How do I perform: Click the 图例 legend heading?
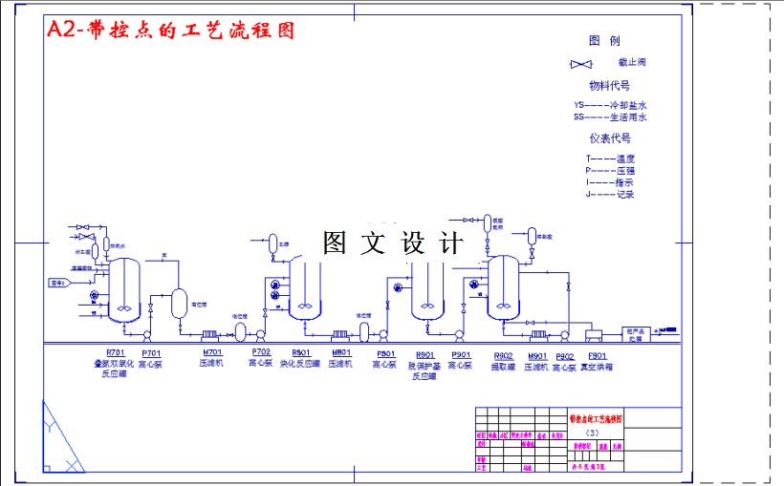[x=604, y=41]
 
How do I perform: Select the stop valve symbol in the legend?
[x=580, y=64]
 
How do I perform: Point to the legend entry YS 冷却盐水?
[x=610, y=105]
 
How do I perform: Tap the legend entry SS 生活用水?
[x=610, y=117]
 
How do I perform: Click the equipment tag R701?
[x=115, y=353]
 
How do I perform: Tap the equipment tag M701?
[x=211, y=353]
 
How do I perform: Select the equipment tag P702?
[x=261, y=353]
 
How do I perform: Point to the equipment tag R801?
[x=300, y=353]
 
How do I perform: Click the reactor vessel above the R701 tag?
[x=124, y=286]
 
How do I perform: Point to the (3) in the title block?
[x=592, y=433]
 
